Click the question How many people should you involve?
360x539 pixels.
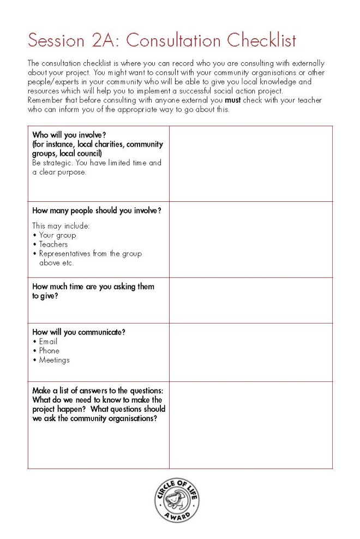coord(97,211)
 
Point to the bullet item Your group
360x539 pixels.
coord(57,235)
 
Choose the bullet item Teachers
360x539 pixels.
coord(53,244)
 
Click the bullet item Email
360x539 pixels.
coord(48,342)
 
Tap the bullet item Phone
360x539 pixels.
coord(49,351)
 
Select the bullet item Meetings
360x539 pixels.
coord(54,360)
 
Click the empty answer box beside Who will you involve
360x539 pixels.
coord(250,164)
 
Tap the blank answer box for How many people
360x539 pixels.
coord(250,239)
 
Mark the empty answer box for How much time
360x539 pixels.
coord(250,300)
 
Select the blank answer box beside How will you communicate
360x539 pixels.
coord(250,352)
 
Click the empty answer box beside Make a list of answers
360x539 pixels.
coord(250,425)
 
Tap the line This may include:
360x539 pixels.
coord(61,225)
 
